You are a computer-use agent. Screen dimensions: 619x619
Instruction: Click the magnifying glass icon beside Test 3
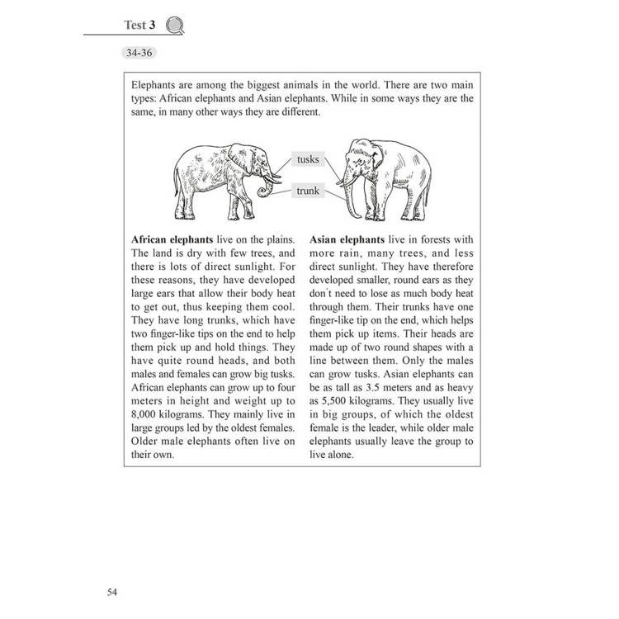pyautogui.click(x=174, y=26)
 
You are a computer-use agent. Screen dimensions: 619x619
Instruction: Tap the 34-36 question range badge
pyautogui.click(x=139, y=54)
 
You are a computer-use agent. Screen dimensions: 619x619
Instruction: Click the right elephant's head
pyautogui.click(x=361, y=155)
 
